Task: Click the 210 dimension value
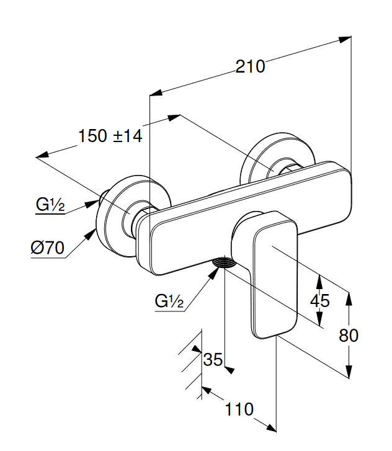pyautogui.click(x=250, y=66)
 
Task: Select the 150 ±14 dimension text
pyautogui.click(x=110, y=136)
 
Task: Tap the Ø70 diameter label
pyautogui.click(x=47, y=248)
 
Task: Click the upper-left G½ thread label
pyautogui.click(x=50, y=204)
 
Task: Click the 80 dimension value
pyautogui.click(x=349, y=335)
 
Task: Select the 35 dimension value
pyautogui.click(x=213, y=359)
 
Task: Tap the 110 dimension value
pyautogui.click(x=239, y=409)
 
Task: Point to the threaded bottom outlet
pyautogui.click(x=225, y=264)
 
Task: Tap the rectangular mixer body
pyautogui.click(x=205, y=230)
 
